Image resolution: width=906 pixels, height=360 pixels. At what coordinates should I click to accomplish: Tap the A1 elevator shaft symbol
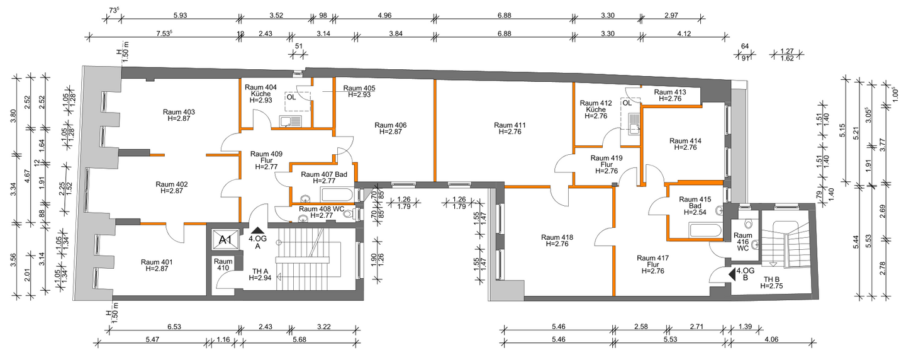pyautogui.click(x=225, y=240)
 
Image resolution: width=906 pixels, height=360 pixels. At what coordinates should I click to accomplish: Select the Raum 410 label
pyautogui.click(x=223, y=264)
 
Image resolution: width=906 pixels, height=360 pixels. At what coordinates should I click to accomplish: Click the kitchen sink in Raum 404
pyautogui.click(x=291, y=121)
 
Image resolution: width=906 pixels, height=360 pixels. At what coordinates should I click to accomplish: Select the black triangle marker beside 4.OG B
pyautogui.click(x=732, y=274)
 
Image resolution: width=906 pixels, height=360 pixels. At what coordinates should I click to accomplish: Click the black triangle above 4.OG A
pyautogui.click(x=257, y=230)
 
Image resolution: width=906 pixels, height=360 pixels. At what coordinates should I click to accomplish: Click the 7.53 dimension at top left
pyautogui.click(x=164, y=33)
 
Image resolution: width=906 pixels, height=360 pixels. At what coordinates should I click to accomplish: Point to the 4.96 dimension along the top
pyautogui.click(x=384, y=16)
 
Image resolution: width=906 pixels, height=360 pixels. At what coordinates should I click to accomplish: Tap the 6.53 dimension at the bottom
pyautogui.click(x=174, y=327)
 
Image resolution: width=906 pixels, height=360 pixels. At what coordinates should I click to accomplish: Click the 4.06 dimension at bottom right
pyautogui.click(x=771, y=340)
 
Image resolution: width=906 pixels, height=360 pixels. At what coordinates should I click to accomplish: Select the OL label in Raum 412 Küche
pyautogui.click(x=627, y=103)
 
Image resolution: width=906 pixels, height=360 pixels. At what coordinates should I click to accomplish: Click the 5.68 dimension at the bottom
pyautogui.click(x=299, y=340)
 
